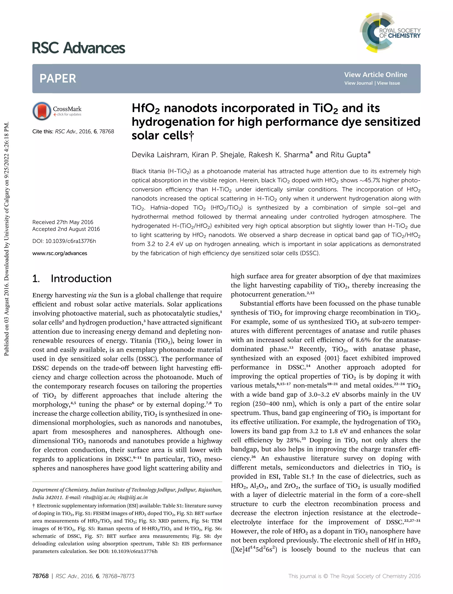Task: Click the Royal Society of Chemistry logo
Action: tap(390, 32)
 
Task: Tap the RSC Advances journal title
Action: tap(79, 48)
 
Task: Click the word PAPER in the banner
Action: tap(58, 79)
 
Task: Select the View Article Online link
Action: tap(375, 75)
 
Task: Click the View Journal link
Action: tap(358, 83)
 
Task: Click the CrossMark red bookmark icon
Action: tap(42, 111)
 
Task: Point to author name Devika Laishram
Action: tap(160, 155)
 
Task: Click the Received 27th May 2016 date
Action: tap(63, 222)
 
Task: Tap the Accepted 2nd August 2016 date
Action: tap(66, 229)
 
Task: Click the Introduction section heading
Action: tap(81, 279)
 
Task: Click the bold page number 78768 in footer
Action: tap(40, 576)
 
